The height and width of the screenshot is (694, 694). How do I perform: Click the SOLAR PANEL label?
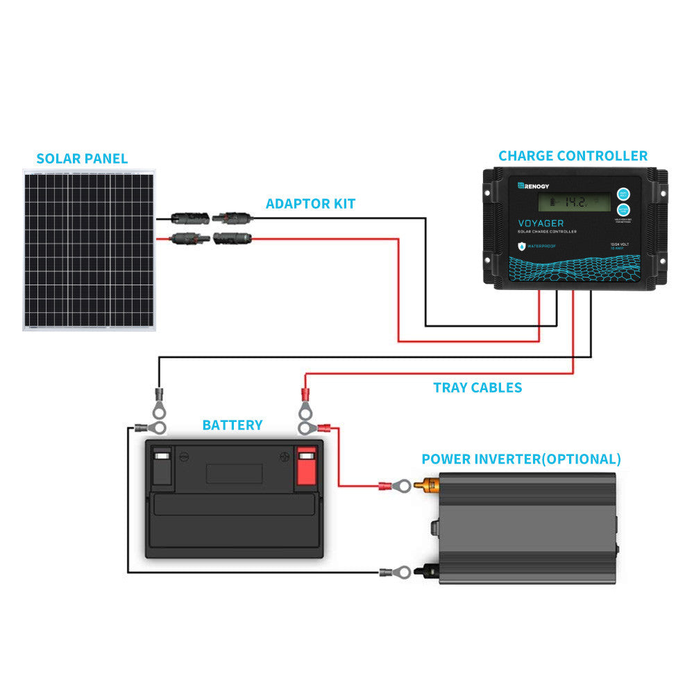[x=82, y=158]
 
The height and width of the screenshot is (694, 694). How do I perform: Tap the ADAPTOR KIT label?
[x=310, y=204]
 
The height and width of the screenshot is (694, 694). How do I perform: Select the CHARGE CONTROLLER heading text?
[x=573, y=156]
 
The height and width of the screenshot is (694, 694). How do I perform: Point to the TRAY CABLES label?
[x=477, y=388]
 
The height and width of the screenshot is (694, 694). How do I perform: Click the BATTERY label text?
[x=232, y=425]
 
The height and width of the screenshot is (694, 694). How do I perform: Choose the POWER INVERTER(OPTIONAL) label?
[x=521, y=459]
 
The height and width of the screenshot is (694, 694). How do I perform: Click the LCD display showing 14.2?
[x=573, y=203]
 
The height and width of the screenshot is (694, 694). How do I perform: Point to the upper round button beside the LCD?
[x=623, y=194]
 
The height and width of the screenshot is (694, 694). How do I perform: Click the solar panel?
[x=89, y=250]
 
